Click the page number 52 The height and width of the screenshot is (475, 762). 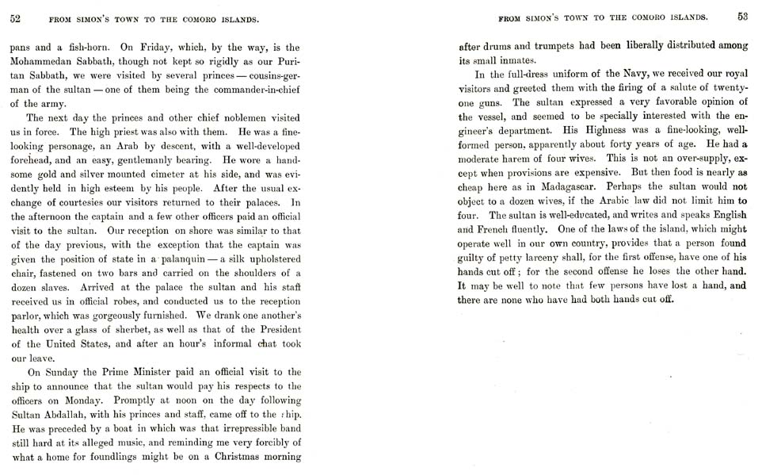15,16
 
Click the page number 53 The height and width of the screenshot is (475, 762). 742,15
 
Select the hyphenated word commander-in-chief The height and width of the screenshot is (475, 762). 258,89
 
